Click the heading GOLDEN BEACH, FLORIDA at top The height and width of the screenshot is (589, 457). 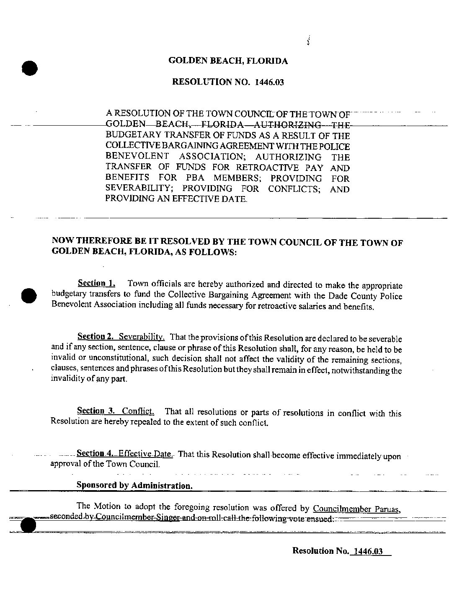click(228, 61)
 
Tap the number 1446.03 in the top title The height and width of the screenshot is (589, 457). click(269, 82)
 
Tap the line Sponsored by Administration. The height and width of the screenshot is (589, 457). click(134, 486)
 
